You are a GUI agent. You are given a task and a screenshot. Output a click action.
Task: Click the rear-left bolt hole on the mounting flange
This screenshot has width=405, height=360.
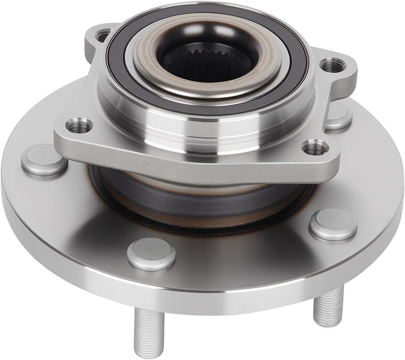click(x=102, y=36)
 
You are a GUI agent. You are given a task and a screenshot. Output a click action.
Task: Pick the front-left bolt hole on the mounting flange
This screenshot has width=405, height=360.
click(x=79, y=125)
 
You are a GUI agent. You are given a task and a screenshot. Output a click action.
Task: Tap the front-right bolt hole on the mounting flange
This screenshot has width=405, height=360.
click(x=315, y=148)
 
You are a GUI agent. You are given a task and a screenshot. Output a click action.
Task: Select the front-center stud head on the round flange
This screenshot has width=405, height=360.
click(x=151, y=254)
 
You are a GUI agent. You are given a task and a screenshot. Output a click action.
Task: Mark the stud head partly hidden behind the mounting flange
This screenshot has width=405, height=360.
click(x=339, y=119)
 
